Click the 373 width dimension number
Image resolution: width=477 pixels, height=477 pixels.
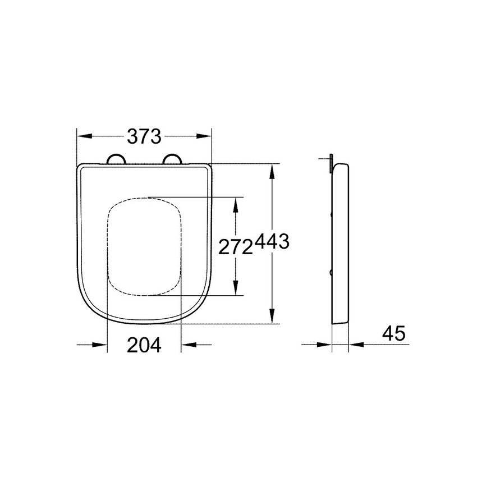[144, 136]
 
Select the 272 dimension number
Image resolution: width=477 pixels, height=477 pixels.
[236, 247]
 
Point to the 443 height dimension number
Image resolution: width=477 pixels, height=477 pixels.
[272, 242]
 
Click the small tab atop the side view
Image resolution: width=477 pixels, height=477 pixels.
[332, 160]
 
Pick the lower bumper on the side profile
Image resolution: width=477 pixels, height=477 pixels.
[332, 273]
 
